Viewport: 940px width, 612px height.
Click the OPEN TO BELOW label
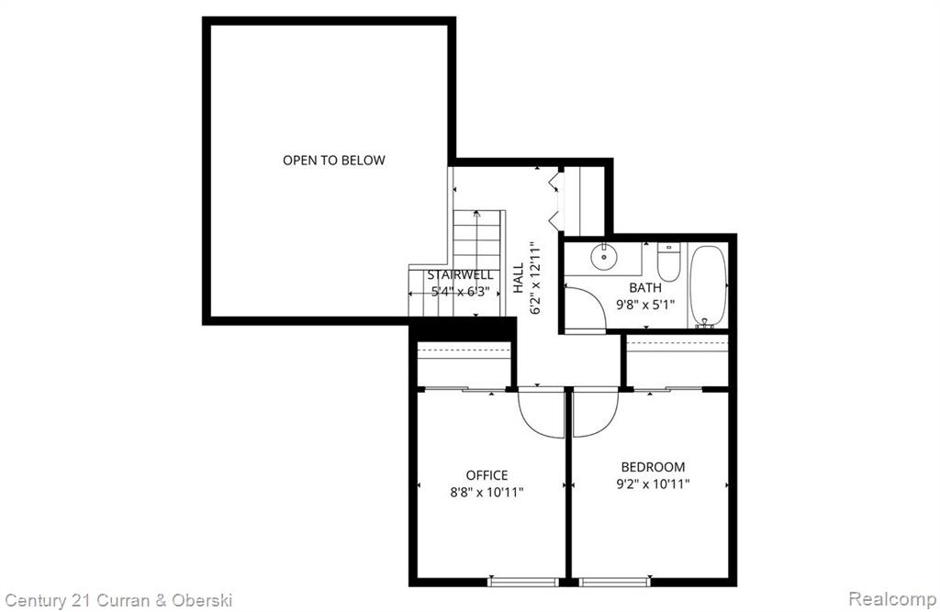click(x=334, y=160)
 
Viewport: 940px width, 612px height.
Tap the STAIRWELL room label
click(x=461, y=275)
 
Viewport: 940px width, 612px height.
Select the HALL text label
click(x=519, y=278)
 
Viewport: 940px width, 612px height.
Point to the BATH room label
click(x=645, y=288)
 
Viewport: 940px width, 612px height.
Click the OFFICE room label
click(x=487, y=475)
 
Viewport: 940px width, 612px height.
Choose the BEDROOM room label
click(x=653, y=467)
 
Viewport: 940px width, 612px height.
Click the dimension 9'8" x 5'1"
click(x=645, y=305)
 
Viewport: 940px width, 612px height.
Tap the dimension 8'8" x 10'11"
click(x=487, y=493)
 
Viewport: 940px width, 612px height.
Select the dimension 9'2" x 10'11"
click(x=653, y=484)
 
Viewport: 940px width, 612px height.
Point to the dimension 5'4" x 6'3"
click(x=457, y=292)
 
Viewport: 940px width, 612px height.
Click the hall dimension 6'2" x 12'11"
click(x=536, y=278)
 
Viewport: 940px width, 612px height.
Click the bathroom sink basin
click(x=604, y=257)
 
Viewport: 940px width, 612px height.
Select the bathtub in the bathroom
click(x=708, y=284)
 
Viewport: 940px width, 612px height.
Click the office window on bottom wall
click(x=524, y=582)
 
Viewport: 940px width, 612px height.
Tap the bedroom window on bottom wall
click(x=614, y=582)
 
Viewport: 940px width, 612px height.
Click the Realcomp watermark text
click(x=892, y=598)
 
